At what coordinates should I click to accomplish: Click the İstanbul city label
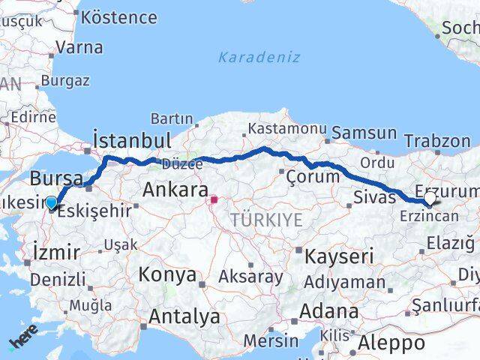click(x=132, y=140)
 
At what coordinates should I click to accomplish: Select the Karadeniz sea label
click(x=259, y=57)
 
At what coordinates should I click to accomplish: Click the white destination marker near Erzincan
click(x=430, y=199)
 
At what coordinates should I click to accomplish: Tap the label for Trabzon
click(x=436, y=140)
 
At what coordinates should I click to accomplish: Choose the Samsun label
click(x=364, y=133)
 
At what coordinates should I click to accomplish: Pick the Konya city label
click(x=166, y=274)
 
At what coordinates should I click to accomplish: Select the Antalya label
click(x=184, y=316)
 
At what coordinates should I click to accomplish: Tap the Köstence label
click(x=118, y=17)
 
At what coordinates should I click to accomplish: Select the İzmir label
click(x=56, y=252)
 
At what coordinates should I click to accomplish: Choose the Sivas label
click(x=373, y=199)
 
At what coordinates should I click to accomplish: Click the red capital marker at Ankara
click(x=214, y=200)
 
